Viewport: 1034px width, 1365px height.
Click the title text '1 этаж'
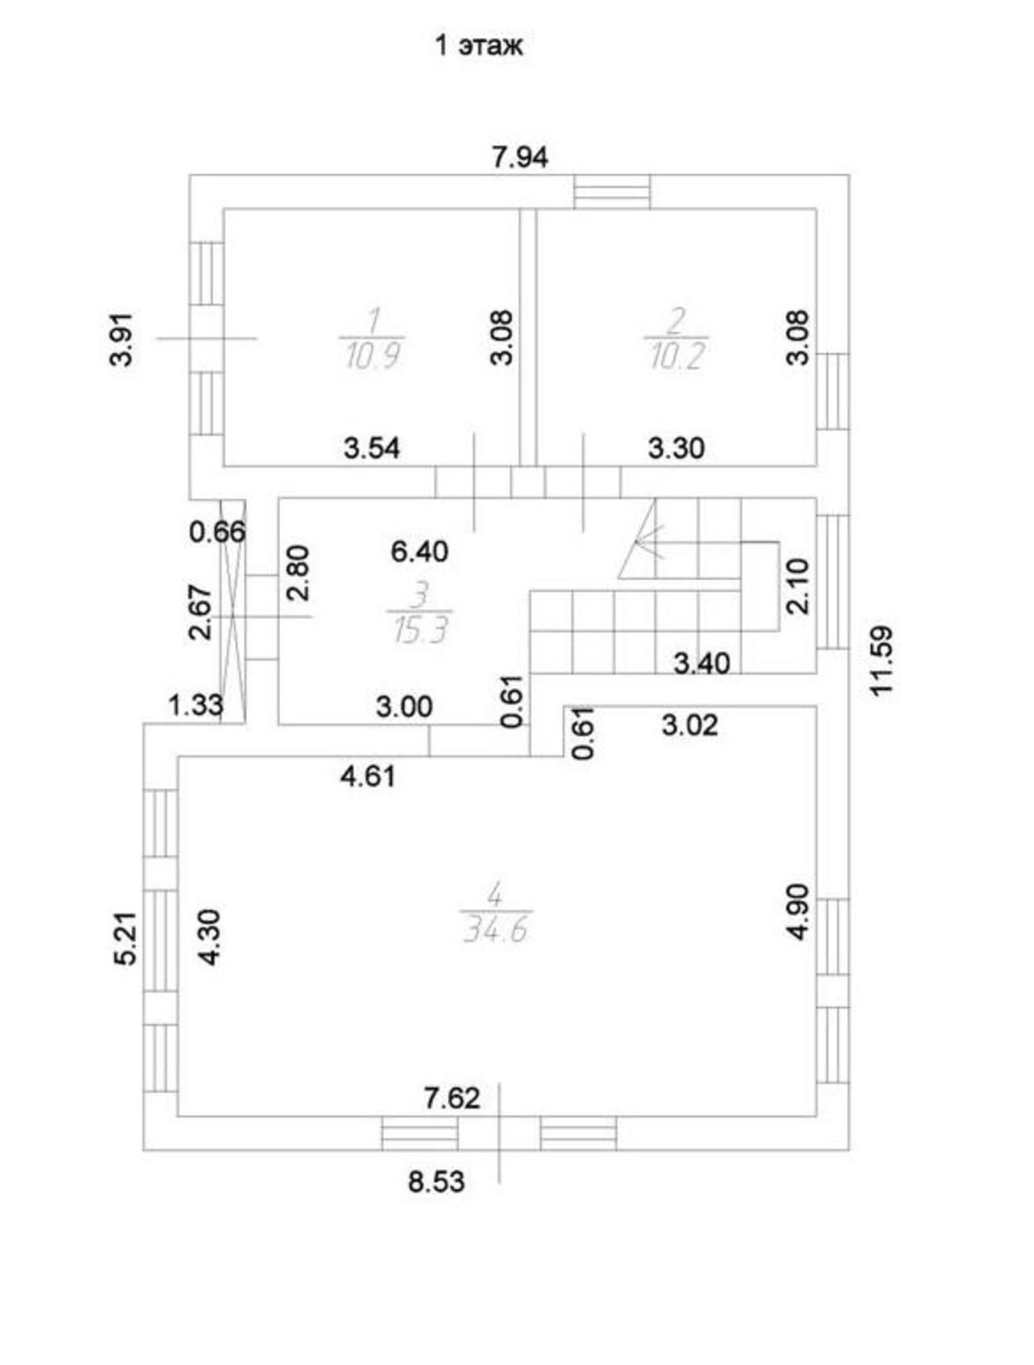[479, 45]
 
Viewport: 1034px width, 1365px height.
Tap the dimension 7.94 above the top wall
[520, 158]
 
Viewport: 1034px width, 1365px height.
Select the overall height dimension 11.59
[881, 661]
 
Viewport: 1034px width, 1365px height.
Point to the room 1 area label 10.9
[372, 356]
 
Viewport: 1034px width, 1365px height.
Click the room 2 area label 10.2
[675, 356]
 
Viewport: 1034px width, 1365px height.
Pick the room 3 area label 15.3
[419, 630]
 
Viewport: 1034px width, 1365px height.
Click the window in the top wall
[612, 191]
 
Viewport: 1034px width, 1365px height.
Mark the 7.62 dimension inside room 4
[452, 1097]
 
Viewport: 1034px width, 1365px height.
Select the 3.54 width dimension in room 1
[372, 448]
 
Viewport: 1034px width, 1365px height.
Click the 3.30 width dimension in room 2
[676, 448]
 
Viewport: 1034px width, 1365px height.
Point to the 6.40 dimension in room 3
[419, 551]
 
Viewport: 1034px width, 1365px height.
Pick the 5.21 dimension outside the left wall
[126, 938]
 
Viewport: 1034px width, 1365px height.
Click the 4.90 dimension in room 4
[797, 912]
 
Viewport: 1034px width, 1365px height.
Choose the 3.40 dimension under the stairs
[701, 663]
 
